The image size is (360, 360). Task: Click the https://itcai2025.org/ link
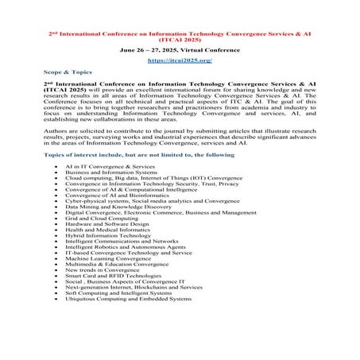[x=179, y=60]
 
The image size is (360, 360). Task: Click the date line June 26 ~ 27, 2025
[x=179, y=48]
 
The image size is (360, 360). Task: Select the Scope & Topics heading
[x=68, y=72]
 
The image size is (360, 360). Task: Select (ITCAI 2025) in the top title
[x=179, y=37]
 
